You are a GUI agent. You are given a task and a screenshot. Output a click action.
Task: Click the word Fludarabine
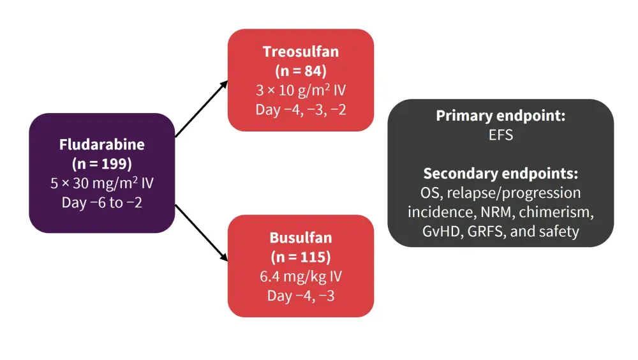[x=102, y=145]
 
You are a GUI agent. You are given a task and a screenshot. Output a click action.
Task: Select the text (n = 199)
[x=102, y=164]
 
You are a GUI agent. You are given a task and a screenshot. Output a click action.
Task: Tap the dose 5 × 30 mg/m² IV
[x=102, y=184]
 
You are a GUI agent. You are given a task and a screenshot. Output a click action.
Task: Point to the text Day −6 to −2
[x=102, y=203]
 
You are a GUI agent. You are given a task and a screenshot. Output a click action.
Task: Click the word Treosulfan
[x=300, y=51]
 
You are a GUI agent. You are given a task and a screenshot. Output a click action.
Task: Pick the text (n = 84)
[x=300, y=70]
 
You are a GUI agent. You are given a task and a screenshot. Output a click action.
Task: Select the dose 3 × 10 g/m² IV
[x=300, y=91]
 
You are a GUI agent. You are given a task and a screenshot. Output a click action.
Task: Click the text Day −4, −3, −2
[x=300, y=110]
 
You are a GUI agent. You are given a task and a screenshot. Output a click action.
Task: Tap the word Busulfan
[x=300, y=238]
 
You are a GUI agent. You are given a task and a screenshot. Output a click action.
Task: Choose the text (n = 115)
[x=300, y=257]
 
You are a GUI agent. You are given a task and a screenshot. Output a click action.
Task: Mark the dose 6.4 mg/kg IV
[x=300, y=277]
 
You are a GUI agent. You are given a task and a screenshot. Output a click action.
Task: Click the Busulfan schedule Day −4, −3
[x=300, y=296]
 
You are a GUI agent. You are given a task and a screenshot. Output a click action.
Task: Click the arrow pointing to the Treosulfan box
[x=202, y=109]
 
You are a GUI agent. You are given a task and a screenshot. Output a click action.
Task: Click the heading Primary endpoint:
[x=501, y=116]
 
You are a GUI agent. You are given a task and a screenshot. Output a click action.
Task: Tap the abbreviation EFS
[x=501, y=135]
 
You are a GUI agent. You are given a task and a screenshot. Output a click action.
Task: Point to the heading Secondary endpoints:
[x=501, y=174]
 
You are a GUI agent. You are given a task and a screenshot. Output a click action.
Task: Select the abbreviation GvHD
[x=441, y=231]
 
